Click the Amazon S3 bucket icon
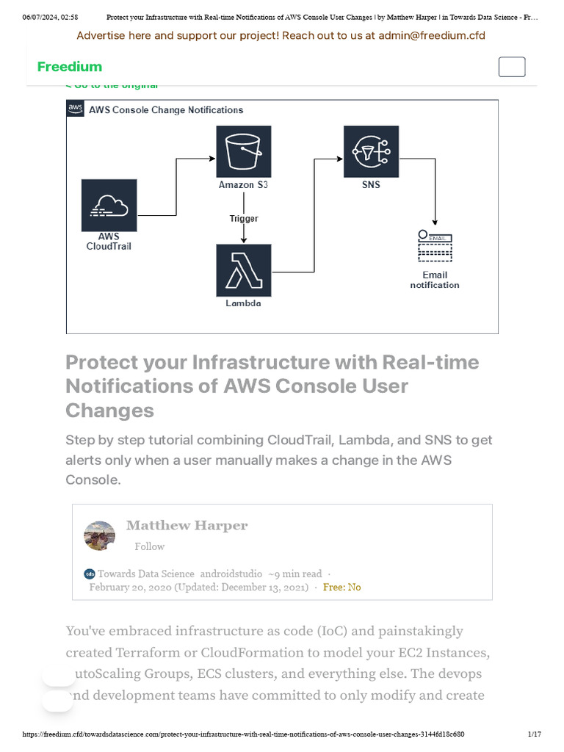243,151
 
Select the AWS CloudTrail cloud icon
109,205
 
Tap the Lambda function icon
243,270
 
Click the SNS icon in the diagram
371,151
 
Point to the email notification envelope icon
435,247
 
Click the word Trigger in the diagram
244,219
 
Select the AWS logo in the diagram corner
76,109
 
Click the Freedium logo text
70,67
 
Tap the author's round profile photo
100,536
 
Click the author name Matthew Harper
187,526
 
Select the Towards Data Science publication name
146,574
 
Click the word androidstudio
231,574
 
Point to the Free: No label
342,587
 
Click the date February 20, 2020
130,587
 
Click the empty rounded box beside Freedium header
512,67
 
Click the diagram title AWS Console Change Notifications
166,110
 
